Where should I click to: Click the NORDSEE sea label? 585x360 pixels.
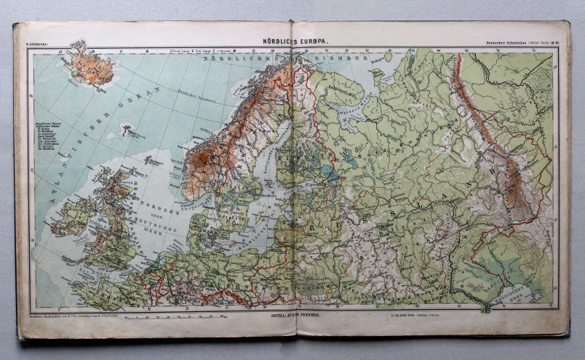(146, 204)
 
